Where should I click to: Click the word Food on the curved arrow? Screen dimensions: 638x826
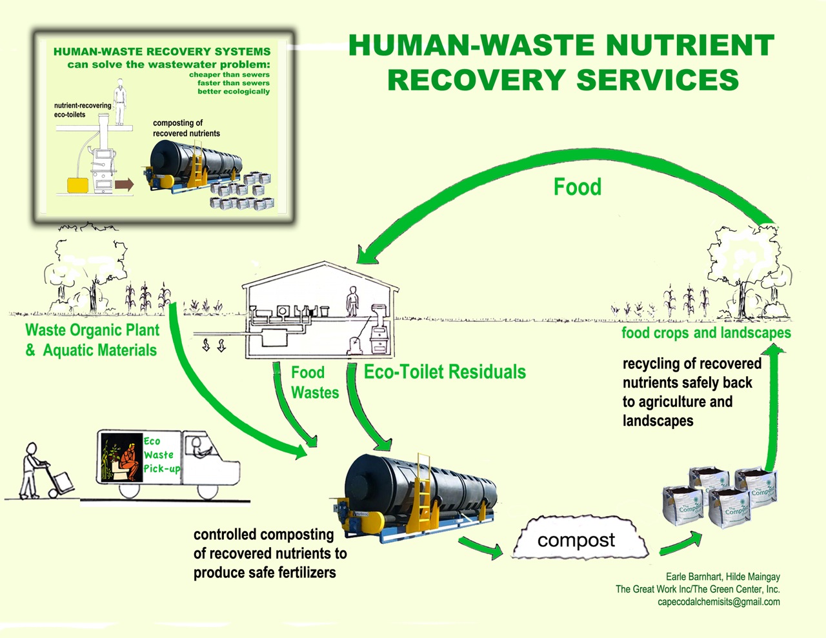point(578,187)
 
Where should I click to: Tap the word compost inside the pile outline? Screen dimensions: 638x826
point(576,540)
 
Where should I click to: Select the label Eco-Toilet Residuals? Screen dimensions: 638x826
point(445,372)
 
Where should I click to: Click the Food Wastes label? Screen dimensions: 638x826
point(314,383)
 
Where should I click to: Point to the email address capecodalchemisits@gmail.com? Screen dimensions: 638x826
point(718,602)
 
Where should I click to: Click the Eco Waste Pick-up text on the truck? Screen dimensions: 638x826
point(161,455)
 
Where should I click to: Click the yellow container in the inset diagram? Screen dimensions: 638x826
point(78,185)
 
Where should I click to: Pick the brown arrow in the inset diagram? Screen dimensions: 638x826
point(123,184)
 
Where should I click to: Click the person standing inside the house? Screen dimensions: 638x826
point(352,301)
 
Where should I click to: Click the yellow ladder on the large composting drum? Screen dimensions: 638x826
point(425,490)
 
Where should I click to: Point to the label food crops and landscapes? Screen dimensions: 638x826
point(706,333)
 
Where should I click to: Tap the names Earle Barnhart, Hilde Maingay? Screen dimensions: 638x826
point(723,577)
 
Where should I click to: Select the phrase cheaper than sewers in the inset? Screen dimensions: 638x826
point(229,75)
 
